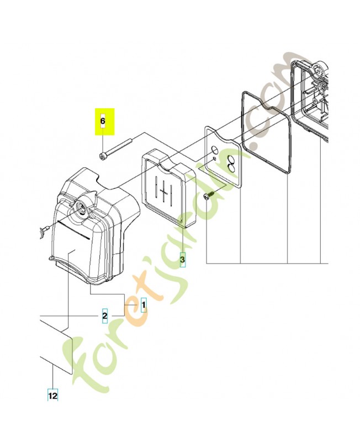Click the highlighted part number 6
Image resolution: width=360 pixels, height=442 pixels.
click(103, 121)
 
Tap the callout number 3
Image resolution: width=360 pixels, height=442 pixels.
click(183, 259)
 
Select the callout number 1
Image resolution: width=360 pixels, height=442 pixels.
click(144, 305)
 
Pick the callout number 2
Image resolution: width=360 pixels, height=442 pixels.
click(104, 315)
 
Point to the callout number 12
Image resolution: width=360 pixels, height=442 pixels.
click(52, 396)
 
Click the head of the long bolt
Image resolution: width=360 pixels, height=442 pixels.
click(102, 156)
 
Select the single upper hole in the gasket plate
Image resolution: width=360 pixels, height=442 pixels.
click(214, 149)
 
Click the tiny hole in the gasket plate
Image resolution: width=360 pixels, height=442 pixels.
click(215, 159)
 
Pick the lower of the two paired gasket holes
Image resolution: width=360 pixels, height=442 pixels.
click(232, 169)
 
